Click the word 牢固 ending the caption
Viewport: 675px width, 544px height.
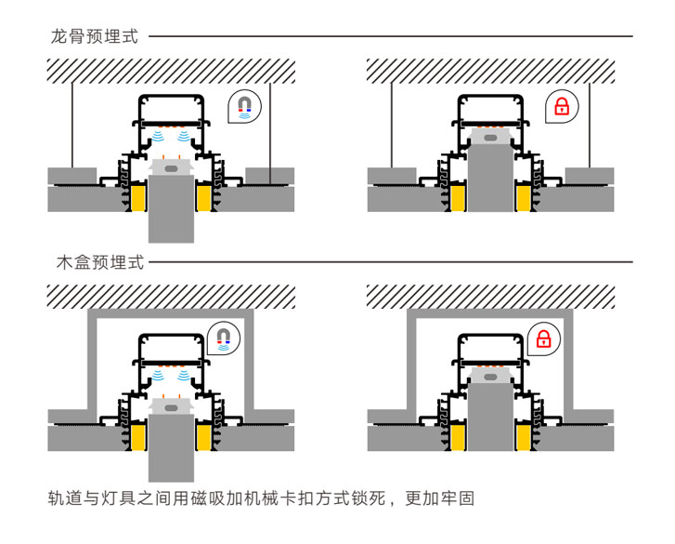pyautogui.click(x=460, y=498)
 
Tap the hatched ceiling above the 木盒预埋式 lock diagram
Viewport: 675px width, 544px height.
pyautogui.click(x=490, y=296)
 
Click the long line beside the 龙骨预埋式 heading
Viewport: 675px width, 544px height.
pyautogui.click(x=390, y=37)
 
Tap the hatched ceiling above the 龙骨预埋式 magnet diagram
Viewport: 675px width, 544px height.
pyautogui.click(x=171, y=71)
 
